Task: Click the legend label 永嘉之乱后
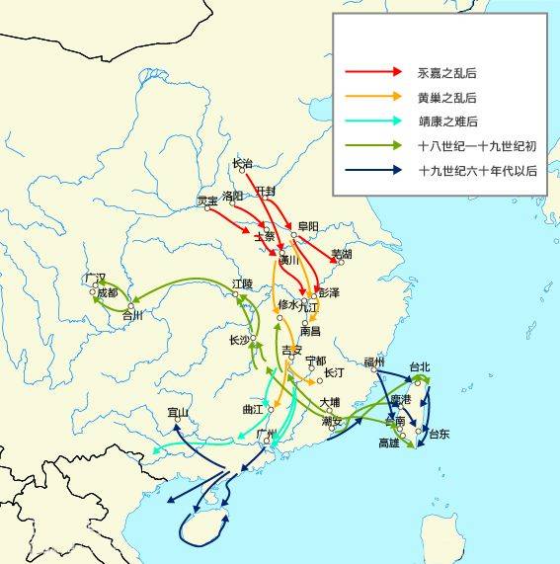[x=448, y=73]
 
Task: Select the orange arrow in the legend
[x=373, y=97]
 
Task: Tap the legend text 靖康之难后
[x=448, y=121]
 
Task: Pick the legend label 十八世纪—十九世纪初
[x=477, y=146]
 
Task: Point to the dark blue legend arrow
[x=373, y=171]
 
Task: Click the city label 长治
[x=242, y=163]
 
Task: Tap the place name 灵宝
[x=207, y=201]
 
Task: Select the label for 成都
[x=106, y=293]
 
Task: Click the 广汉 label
[x=95, y=278]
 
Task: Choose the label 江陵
[x=243, y=283]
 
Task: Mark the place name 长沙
[x=239, y=340]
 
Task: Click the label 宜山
[x=178, y=412]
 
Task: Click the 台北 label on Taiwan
[x=420, y=367]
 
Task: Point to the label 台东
[x=438, y=434]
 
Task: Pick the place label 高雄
[x=389, y=443]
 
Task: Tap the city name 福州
[x=373, y=363]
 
